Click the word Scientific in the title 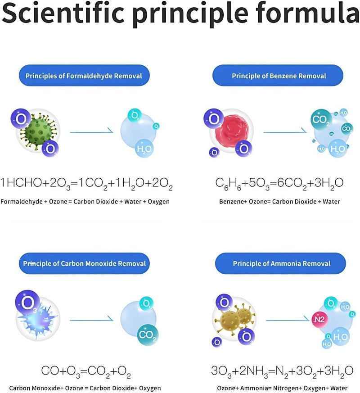tap(63, 13)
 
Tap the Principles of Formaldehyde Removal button tap(84, 76)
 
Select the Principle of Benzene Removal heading tap(278, 76)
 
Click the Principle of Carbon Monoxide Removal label tap(84, 263)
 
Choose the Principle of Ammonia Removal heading tap(281, 263)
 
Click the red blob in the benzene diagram tap(231, 131)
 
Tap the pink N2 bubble tap(319, 319)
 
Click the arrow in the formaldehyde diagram tap(91, 131)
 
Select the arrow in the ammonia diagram tap(288, 320)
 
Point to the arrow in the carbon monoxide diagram tap(91, 320)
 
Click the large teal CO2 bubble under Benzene tap(321, 120)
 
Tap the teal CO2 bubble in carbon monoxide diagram tap(148, 334)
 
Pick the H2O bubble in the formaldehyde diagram tap(144, 149)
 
